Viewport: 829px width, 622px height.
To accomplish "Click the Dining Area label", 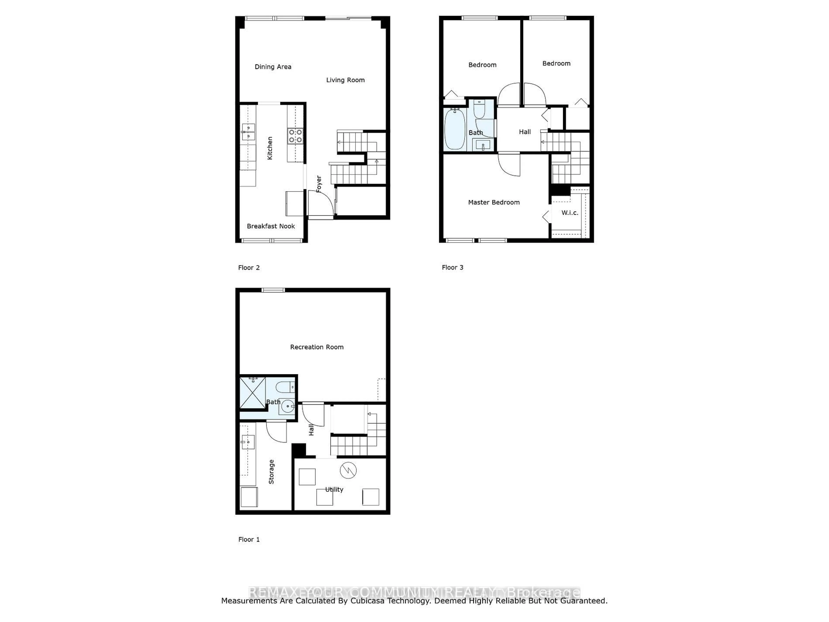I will [273, 67].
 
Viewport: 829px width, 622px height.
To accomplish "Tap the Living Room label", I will [345, 80].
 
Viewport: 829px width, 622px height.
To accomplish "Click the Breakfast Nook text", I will [271, 226].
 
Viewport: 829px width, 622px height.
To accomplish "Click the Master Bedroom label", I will [494, 202].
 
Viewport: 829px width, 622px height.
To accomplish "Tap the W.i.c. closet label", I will [570, 213].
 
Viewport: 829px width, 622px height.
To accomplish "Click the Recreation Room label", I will [317, 347].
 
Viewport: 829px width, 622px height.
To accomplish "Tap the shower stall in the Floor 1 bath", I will [252, 393].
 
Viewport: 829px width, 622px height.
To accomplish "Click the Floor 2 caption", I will [249, 268].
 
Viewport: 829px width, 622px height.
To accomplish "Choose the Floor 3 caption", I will [452, 267].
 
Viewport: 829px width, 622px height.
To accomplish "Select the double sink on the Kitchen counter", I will [248, 132].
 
